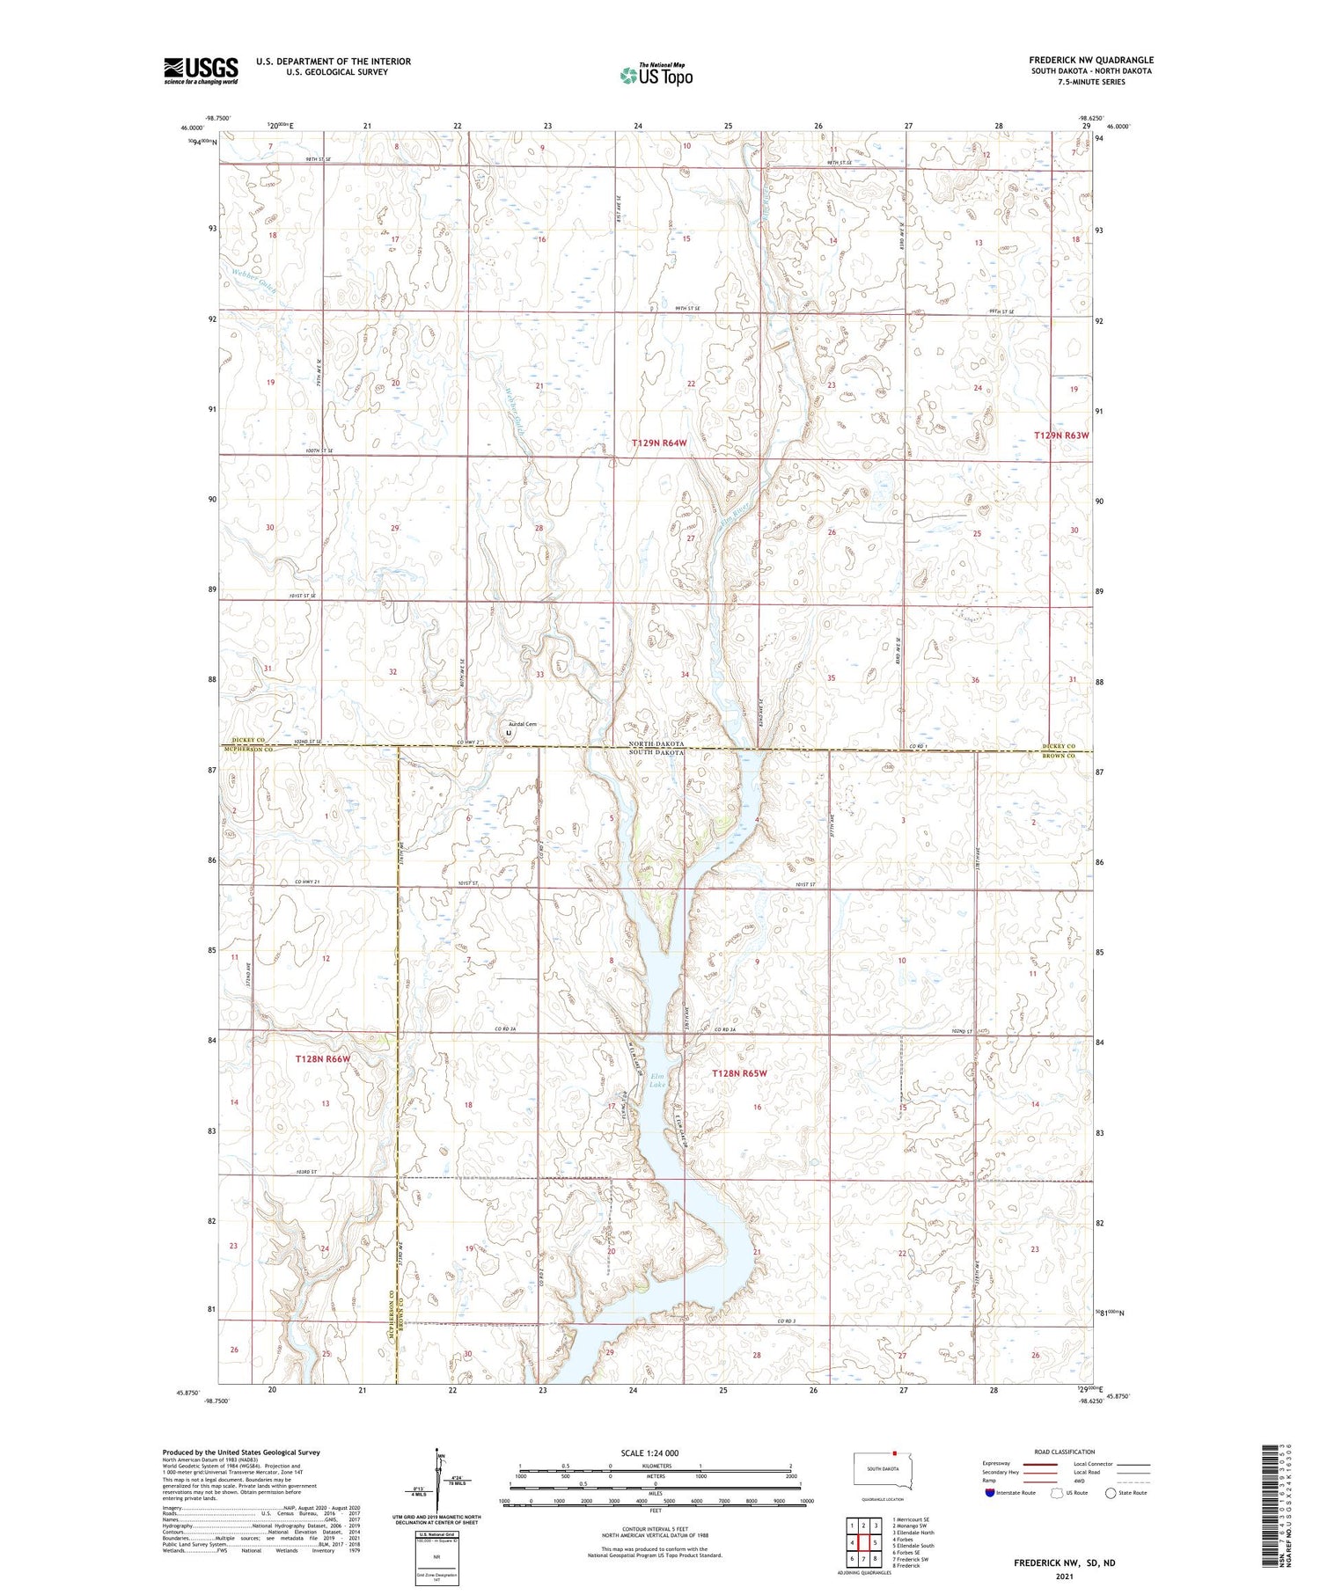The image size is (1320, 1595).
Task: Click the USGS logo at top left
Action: click(201, 70)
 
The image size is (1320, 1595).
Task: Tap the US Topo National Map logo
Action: click(656, 75)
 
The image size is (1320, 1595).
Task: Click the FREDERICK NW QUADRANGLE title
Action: click(1090, 61)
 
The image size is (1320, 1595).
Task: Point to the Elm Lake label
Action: click(657, 1079)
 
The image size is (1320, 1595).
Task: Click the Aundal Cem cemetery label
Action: click(522, 724)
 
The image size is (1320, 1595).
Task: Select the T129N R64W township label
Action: click(658, 443)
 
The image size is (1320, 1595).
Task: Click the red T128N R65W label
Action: click(739, 1073)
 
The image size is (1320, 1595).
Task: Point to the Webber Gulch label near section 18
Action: click(254, 280)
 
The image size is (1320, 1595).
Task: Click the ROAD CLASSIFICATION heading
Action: click(1064, 1452)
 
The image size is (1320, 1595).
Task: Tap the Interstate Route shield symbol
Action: click(989, 1492)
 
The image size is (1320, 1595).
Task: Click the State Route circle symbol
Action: click(1111, 1492)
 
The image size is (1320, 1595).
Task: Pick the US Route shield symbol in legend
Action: click(1057, 1492)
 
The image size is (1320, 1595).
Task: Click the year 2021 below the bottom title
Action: click(1064, 1570)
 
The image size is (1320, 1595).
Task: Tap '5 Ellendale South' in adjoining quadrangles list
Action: click(913, 1545)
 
